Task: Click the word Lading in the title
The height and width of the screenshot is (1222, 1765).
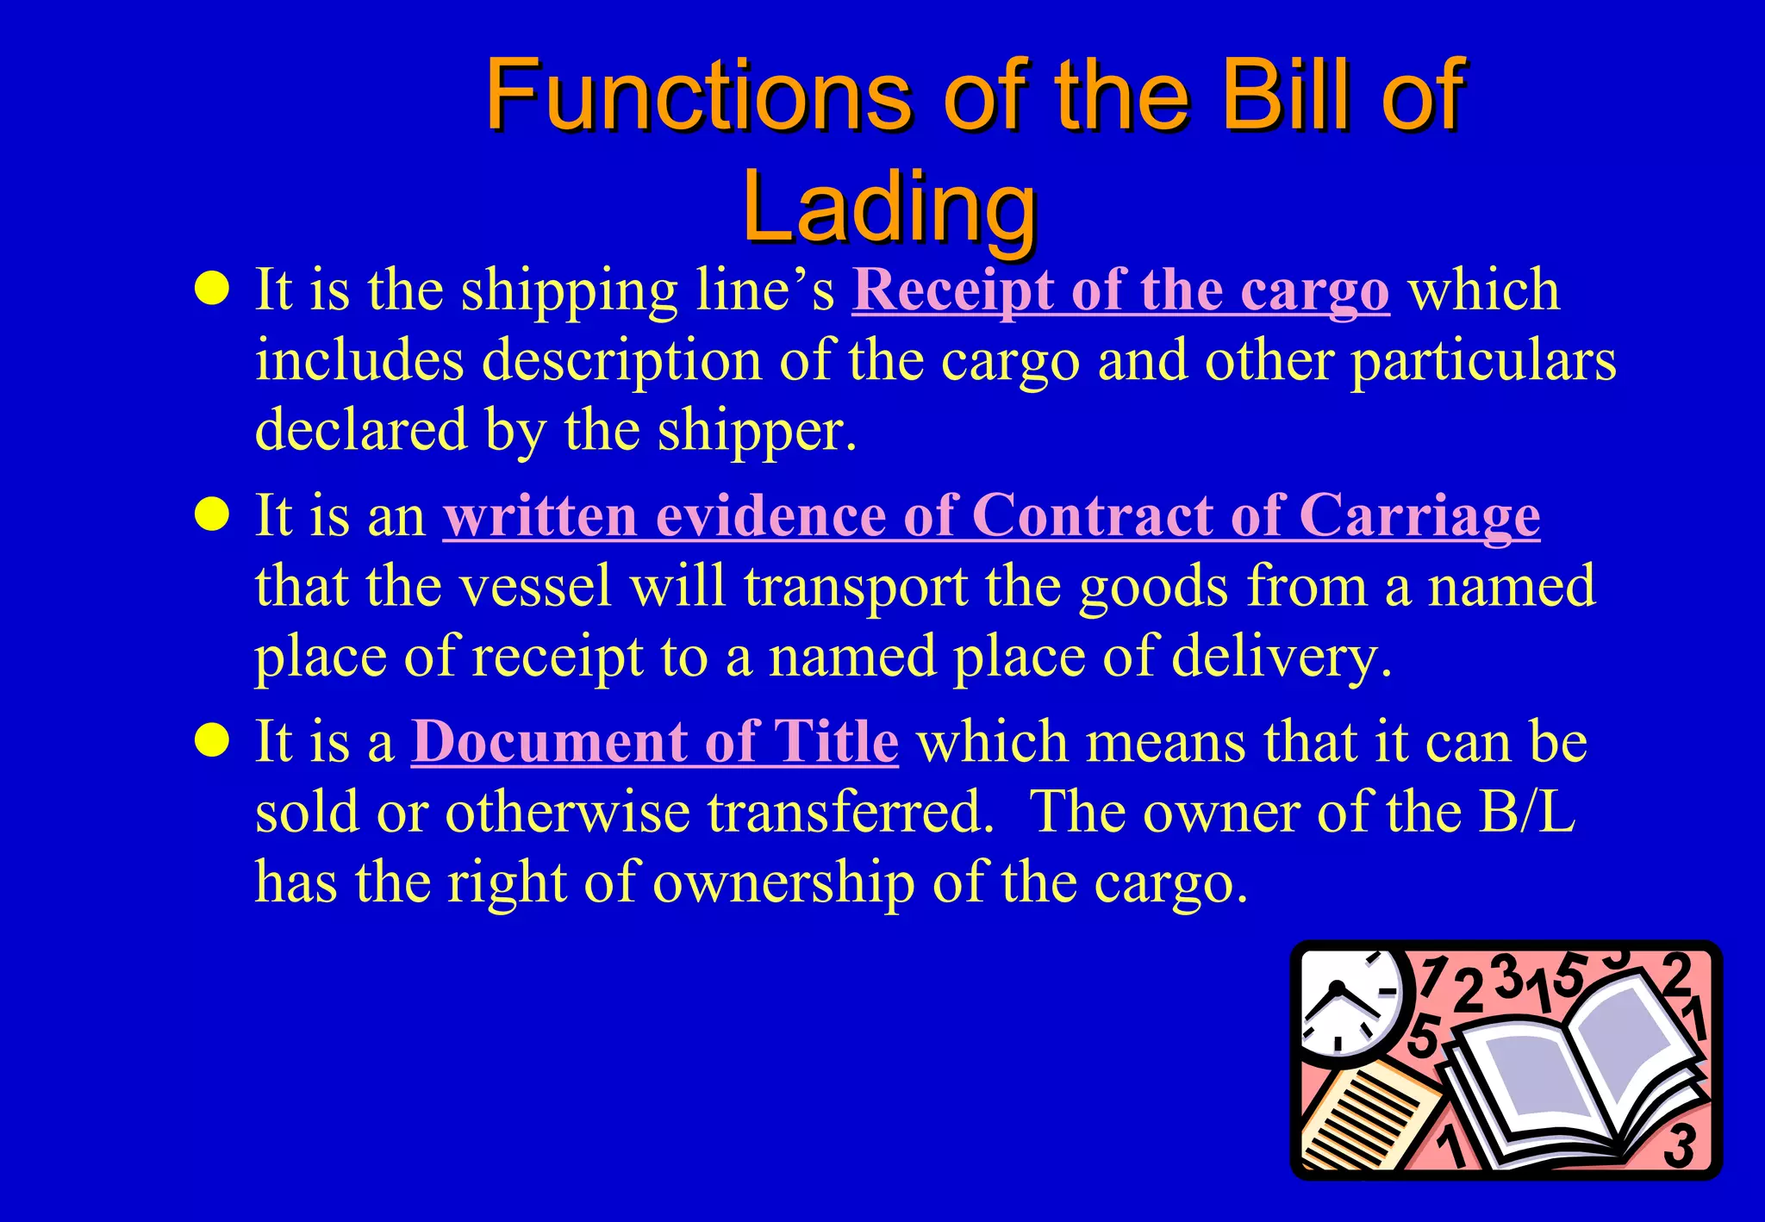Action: click(889, 207)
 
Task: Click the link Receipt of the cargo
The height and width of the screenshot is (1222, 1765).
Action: click(1120, 290)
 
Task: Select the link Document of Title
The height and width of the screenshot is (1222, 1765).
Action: click(655, 742)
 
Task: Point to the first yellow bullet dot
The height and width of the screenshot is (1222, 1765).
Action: click(212, 290)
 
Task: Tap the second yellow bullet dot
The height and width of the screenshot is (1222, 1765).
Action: click(212, 515)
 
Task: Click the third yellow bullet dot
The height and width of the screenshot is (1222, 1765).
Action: click(212, 741)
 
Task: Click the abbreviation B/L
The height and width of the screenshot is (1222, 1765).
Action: click(1526, 812)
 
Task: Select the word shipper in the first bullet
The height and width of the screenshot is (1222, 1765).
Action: click(755, 431)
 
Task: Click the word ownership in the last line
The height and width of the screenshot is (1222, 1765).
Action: click(783, 882)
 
